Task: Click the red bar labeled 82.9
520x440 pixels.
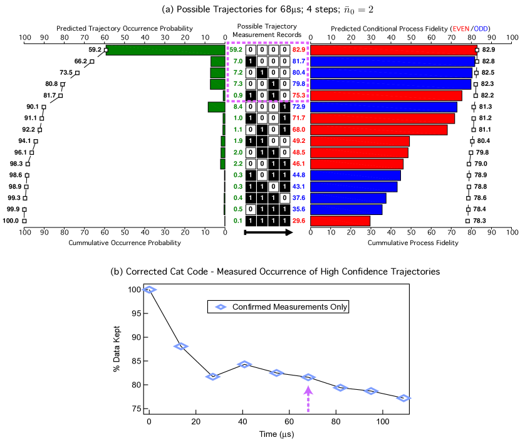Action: [393, 50]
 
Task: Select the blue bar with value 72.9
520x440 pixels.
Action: [383, 107]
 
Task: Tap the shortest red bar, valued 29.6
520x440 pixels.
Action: [340, 221]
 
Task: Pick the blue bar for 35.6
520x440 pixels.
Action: [346, 209]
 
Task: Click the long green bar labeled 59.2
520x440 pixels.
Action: [165, 50]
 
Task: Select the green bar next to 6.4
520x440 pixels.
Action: [216, 107]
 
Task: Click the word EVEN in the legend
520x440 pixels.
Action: [460, 29]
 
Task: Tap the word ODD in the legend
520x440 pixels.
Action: [481, 29]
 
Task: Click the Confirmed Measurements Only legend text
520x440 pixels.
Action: [289, 307]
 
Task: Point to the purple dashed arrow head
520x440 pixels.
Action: [308, 390]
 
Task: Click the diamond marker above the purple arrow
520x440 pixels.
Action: [308, 377]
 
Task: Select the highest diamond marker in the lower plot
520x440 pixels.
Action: [149, 290]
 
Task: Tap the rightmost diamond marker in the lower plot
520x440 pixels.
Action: [403, 398]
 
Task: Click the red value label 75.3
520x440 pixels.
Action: [299, 96]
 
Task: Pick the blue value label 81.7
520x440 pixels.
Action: [299, 61]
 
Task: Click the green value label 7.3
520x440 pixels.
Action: [238, 84]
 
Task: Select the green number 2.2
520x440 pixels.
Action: [238, 164]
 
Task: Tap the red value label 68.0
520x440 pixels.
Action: [299, 130]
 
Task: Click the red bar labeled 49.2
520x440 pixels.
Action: [360, 141]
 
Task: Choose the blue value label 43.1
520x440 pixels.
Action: [299, 187]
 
